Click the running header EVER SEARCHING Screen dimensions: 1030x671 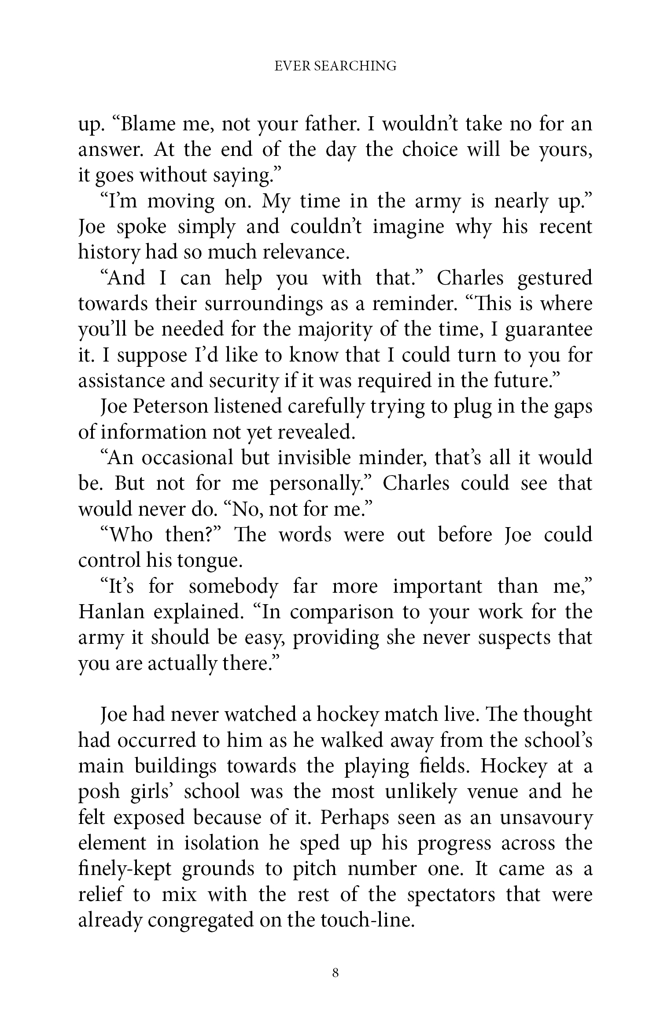coord(335,66)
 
